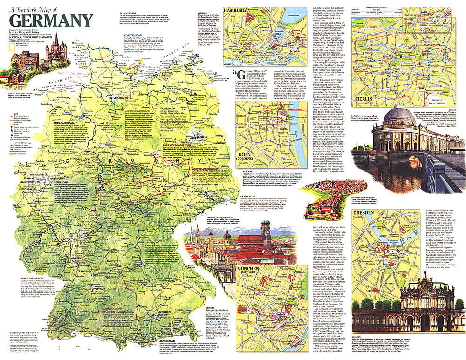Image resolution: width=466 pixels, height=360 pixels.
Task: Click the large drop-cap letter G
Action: coord(237,76)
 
